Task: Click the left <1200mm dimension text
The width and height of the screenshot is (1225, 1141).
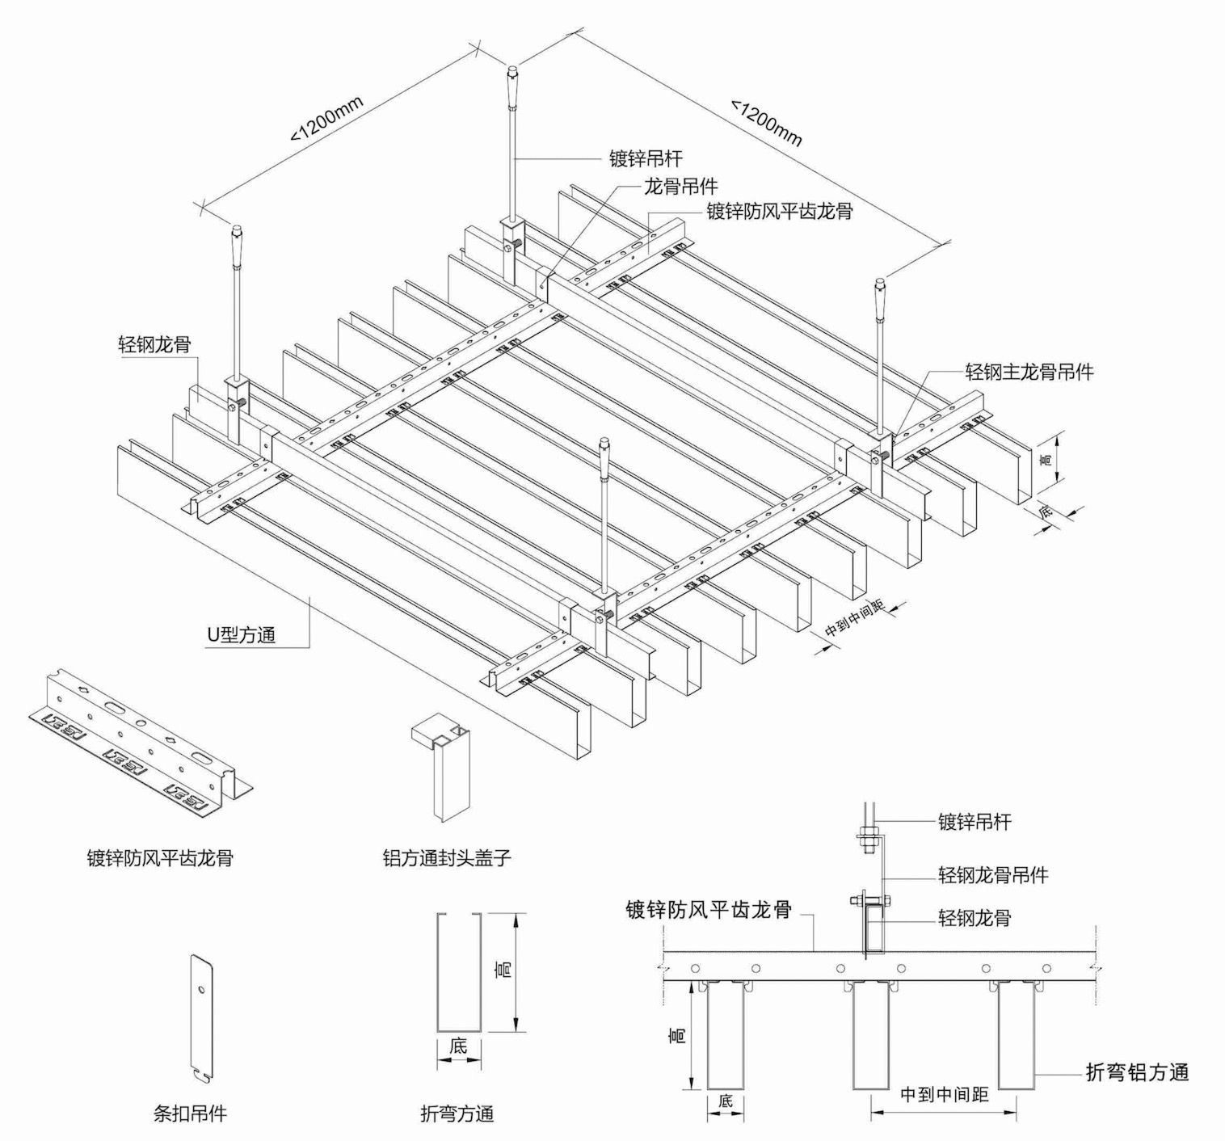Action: (x=327, y=120)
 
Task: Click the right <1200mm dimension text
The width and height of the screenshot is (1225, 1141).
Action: (x=767, y=122)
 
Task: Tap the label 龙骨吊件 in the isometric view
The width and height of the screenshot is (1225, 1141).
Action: (x=680, y=186)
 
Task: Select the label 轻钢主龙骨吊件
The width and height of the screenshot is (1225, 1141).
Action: (x=1029, y=372)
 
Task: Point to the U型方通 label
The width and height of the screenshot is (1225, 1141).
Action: (x=241, y=634)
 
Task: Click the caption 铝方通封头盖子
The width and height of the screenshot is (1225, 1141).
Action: (x=447, y=857)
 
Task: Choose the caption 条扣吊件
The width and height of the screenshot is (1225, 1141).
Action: (x=190, y=1114)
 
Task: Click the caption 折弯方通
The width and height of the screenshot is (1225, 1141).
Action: (x=457, y=1114)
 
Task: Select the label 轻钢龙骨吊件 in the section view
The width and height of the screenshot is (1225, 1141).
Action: (x=993, y=874)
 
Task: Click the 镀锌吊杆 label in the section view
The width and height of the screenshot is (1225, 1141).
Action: (x=975, y=822)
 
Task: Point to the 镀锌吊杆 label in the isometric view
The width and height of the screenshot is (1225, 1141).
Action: (x=645, y=158)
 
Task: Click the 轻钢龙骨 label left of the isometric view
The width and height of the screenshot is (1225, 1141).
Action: (x=154, y=344)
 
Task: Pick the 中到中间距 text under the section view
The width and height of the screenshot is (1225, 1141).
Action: (x=945, y=1095)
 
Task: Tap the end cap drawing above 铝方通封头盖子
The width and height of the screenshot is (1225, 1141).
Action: (x=442, y=764)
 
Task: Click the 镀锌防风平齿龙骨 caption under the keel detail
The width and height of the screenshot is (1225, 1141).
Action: (x=160, y=857)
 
